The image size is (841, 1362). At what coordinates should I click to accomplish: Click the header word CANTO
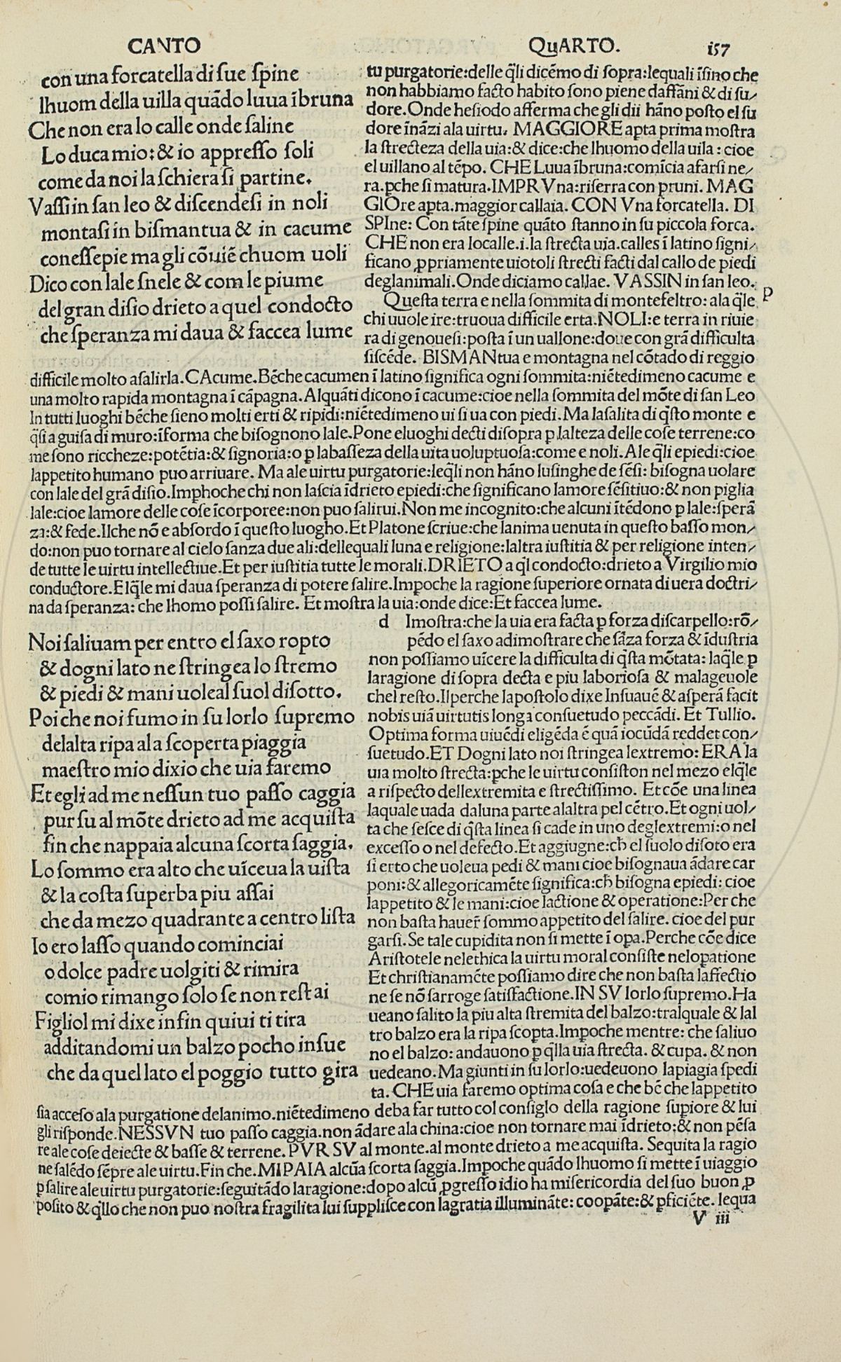click(165, 46)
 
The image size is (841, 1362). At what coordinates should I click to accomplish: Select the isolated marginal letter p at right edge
click(767, 295)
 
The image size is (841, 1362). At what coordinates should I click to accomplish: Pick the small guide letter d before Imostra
click(383, 621)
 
